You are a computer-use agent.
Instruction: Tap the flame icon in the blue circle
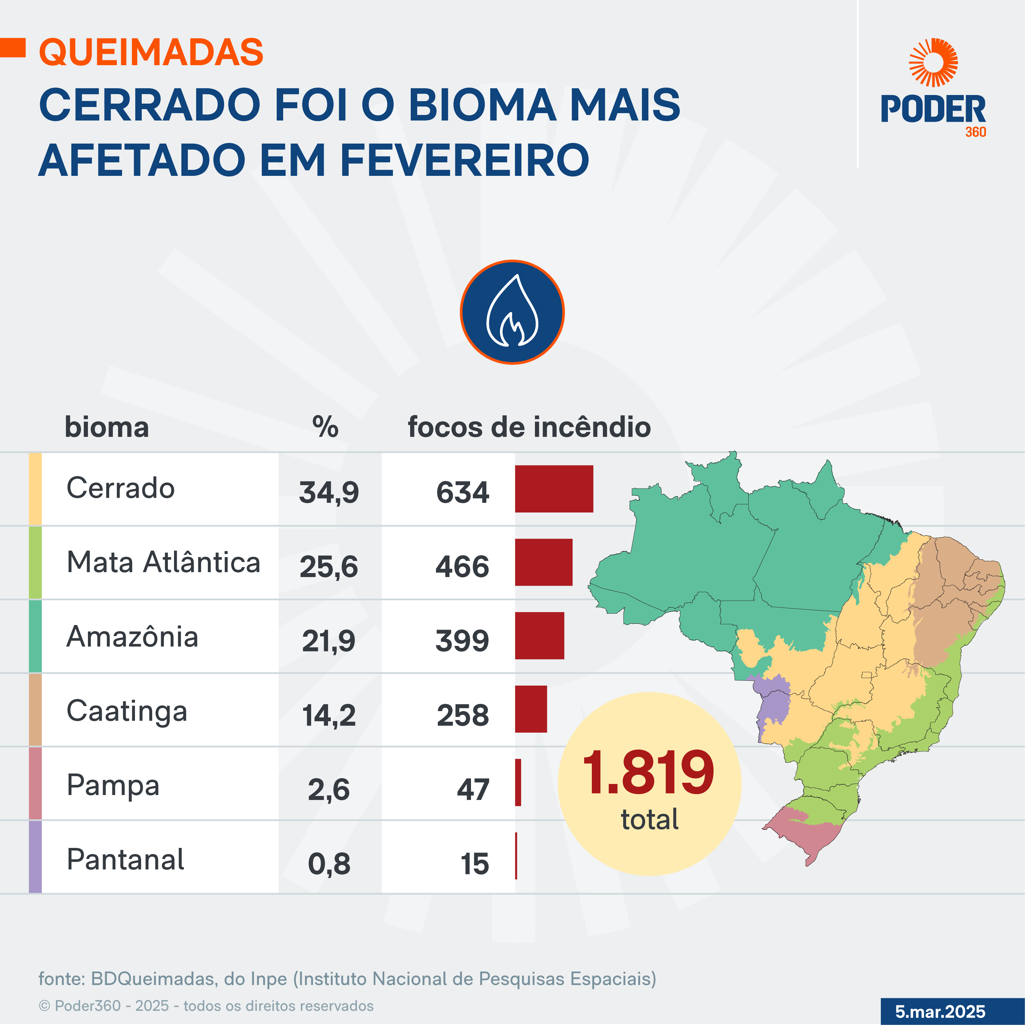[512, 312]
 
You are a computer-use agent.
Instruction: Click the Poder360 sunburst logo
[933, 62]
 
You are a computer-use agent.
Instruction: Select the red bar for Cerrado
[554, 489]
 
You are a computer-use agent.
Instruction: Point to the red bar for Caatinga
[531, 709]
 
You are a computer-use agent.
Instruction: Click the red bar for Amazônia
[539, 635]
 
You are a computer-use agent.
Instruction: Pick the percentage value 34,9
[329, 492]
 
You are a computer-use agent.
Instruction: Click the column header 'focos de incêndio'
[529, 427]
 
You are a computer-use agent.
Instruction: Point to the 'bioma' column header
[107, 427]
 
